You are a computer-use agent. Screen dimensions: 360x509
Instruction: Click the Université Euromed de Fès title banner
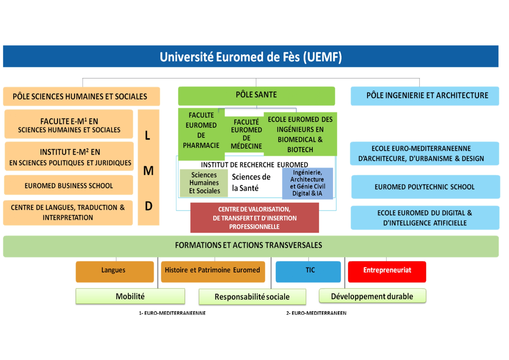coord(251,57)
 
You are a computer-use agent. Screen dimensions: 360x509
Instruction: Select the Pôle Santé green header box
coord(256,95)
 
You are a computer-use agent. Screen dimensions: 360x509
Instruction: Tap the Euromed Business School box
coord(69,185)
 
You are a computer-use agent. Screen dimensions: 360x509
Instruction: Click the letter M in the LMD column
coord(148,171)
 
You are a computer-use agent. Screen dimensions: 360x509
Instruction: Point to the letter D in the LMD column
coord(148,206)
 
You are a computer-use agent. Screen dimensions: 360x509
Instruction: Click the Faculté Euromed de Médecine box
coord(246,134)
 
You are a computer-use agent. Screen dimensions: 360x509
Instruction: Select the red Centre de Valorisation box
coord(254,218)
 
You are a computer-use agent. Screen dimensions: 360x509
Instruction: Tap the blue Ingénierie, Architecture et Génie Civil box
coord(307,183)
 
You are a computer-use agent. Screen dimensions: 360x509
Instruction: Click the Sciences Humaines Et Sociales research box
coord(204,183)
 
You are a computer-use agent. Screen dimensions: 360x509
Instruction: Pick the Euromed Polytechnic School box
coord(425,187)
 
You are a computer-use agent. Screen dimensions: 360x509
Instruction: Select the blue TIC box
coord(308,271)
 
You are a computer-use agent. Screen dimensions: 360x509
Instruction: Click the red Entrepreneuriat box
coord(387,271)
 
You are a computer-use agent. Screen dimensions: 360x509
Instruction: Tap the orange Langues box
coord(115,271)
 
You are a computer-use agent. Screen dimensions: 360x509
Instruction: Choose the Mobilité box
coord(130,296)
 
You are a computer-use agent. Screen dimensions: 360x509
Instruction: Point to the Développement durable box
coord(372,296)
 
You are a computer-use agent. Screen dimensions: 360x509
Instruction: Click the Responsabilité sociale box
coord(252,297)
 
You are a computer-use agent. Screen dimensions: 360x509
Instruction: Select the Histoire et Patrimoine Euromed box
coord(213,271)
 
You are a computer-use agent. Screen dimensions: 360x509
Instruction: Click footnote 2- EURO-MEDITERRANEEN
coord(316,313)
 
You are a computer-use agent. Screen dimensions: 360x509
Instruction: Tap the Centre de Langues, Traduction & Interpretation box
coord(68,213)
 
